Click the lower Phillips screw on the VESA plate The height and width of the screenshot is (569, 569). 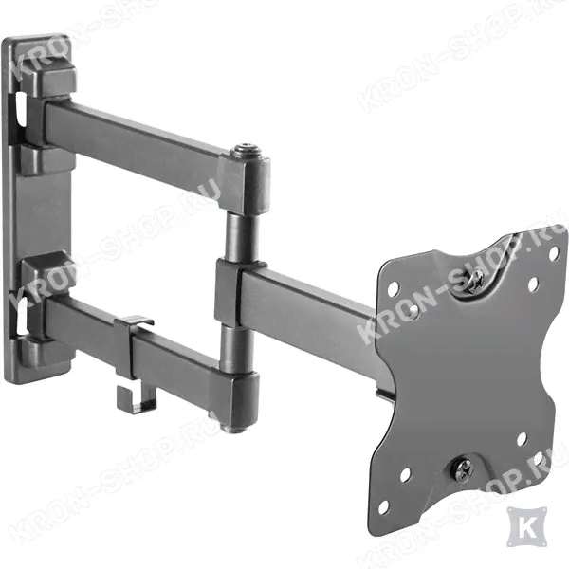pyautogui.click(x=462, y=469)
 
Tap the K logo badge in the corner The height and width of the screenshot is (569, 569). pyautogui.click(x=527, y=527)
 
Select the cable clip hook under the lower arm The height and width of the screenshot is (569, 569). pyautogui.click(x=138, y=399)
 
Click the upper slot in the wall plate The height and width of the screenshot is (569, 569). pyautogui.click(x=21, y=110)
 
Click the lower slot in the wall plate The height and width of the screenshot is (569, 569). pyautogui.click(x=22, y=316)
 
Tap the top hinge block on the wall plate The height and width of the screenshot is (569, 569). pyautogui.click(x=49, y=81)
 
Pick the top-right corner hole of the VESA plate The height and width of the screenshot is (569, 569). pyautogui.click(x=554, y=253)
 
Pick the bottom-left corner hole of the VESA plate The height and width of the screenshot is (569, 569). pyautogui.click(x=383, y=507)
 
